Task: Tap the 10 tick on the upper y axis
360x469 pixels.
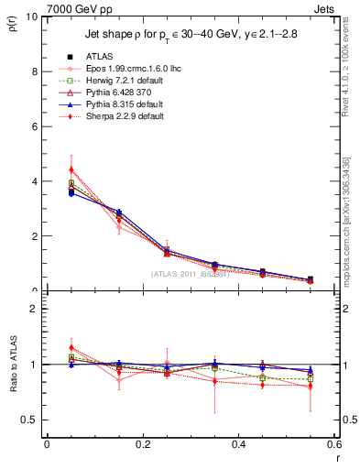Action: click(32, 17)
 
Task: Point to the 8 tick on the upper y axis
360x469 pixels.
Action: click(35, 71)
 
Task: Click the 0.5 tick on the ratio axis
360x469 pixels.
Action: click(30, 420)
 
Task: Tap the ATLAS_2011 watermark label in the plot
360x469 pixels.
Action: click(191, 274)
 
